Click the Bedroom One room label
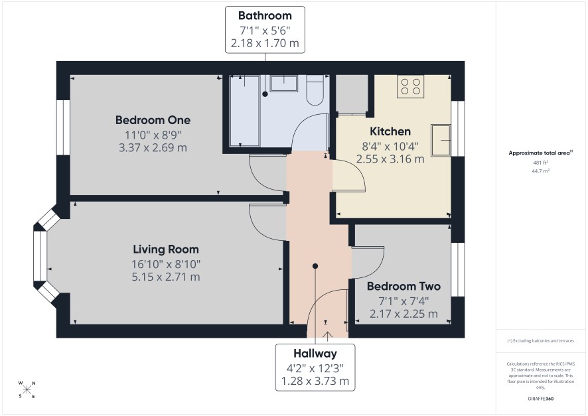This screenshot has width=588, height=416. pyautogui.click(x=153, y=120)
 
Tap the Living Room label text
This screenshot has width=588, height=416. pyautogui.click(x=166, y=249)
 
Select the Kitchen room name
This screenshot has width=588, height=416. pyautogui.click(x=390, y=131)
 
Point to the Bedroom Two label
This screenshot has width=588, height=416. pyautogui.click(x=404, y=287)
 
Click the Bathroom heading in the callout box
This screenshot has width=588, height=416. pyautogui.click(x=265, y=16)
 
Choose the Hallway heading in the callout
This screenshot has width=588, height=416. pyautogui.click(x=315, y=354)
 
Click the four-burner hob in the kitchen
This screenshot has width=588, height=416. pyautogui.click(x=410, y=86)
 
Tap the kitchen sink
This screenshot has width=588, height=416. pyautogui.click(x=441, y=140)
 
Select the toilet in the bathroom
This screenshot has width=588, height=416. pyautogui.click(x=315, y=90)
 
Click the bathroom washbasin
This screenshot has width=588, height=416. pyautogui.click(x=284, y=84)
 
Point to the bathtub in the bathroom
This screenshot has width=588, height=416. pyautogui.click(x=244, y=111)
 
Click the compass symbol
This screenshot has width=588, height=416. pyautogui.click(x=27, y=389)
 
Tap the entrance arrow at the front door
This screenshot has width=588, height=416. pyautogui.click(x=327, y=336)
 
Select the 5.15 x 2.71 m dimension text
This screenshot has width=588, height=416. pyautogui.click(x=166, y=277)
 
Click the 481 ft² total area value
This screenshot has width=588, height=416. pyautogui.click(x=540, y=163)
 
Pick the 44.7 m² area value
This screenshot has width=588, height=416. pyautogui.click(x=540, y=171)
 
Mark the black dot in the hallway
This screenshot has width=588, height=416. pyautogui.click(x=315, y=266)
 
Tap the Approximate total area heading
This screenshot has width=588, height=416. pyautogui.click(x=540, y=153)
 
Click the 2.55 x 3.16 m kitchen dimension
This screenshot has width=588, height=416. pyautogui.click(x=390, y=159)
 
